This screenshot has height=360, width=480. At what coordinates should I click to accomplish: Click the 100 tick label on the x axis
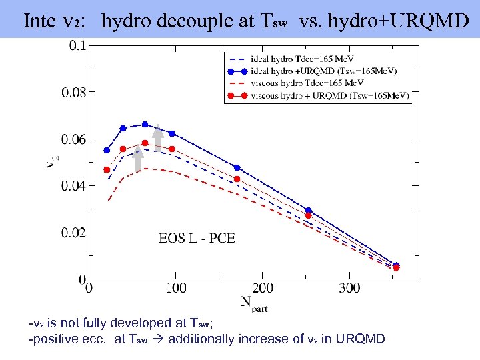pyautogui.click(x=175, y=288)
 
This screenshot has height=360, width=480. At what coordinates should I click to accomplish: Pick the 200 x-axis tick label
pyautogui.click(x=262, y=288)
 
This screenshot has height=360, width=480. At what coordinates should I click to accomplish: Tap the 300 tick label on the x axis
pyautogui.click(x=349, y=288)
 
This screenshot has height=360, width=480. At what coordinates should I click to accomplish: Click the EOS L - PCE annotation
pyautogui.click(x=197, y=238)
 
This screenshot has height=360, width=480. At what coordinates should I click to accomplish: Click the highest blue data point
pyautogui.click(x=145, y=124)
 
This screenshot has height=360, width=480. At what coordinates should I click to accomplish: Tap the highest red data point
pyautogui.click(x=145, y=143)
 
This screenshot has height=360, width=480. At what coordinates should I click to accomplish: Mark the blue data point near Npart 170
pyautogui.click(x=237, y=167)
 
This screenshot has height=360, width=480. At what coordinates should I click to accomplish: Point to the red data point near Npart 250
pyautogui.click(x=308, y=215)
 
